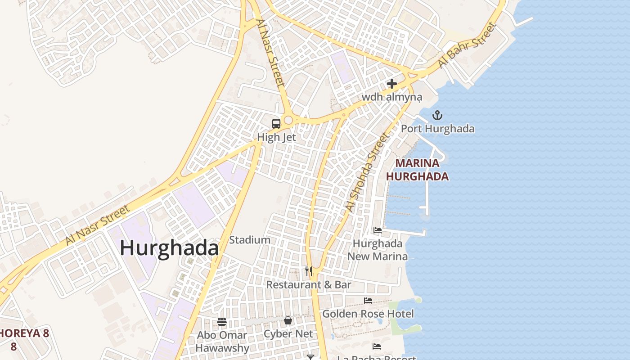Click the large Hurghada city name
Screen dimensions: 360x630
click(169, 248)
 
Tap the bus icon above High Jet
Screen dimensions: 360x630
click(276, 123)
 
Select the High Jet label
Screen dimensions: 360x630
click(276, 137)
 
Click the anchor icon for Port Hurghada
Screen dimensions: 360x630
click(437, 116)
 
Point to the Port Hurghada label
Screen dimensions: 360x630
click(437, 129)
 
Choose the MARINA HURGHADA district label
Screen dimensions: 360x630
click(417, 170)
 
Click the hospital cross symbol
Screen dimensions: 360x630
click(392, 84)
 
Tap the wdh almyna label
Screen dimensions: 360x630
click(392, 97)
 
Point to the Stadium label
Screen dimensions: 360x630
click(250, 240)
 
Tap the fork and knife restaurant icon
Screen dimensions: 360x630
click(309, 271)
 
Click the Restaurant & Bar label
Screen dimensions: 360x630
click(309, 285)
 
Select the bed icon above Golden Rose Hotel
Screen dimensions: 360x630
click(368, 300)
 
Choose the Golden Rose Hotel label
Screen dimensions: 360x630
click(368, 314)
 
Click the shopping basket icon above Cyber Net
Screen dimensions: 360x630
click(288, 320)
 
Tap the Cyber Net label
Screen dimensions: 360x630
click(288, 334)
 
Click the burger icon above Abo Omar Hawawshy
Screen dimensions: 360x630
click(222, 321)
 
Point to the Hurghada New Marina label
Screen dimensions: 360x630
click(378, 250)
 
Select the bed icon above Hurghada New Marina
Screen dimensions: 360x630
click(378, 230)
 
